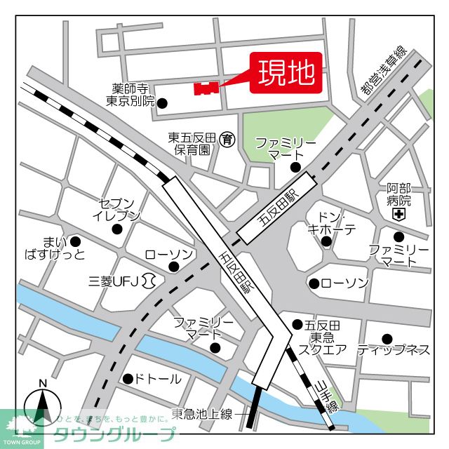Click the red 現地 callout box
click(286, 73)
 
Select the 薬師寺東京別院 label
click(133, 95)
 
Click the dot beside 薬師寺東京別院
click(162, 103)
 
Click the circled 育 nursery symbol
click(227, 139)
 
